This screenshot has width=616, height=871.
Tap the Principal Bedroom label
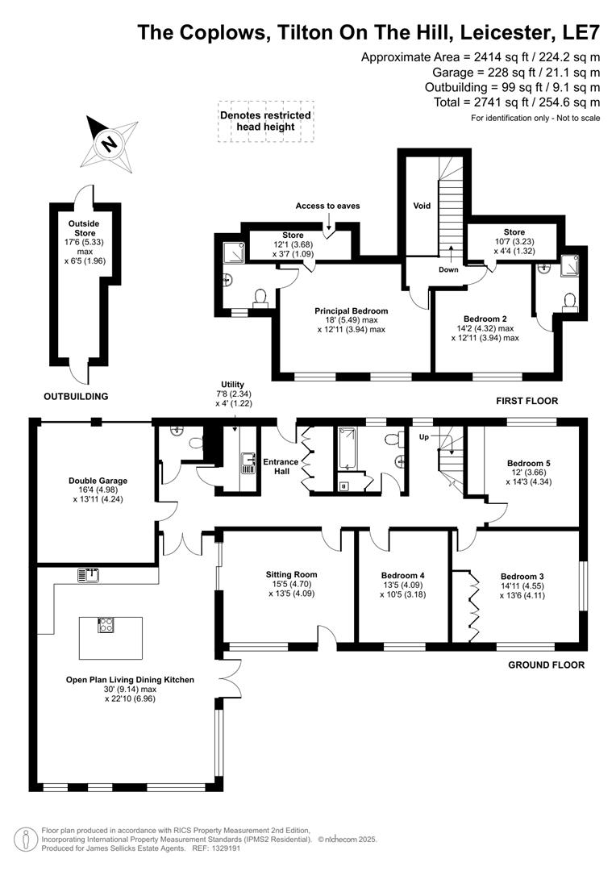coord(351,310)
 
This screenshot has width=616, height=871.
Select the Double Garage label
coord(98,481)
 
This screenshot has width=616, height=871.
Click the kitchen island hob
coord(106,626)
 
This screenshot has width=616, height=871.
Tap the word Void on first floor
coord(422,206)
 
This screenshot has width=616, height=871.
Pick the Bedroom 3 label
coord(522,577)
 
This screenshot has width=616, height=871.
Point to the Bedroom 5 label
coord(529,463)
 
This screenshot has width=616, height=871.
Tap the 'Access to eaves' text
coord(327,206)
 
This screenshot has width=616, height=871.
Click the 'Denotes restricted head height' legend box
coord(265,122)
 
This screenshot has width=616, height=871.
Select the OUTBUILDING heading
coord(75,396)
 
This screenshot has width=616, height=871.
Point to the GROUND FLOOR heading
coord(546,665)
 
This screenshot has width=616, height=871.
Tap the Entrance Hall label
coord(281,466)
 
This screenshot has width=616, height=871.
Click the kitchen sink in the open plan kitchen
coord(89,575)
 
